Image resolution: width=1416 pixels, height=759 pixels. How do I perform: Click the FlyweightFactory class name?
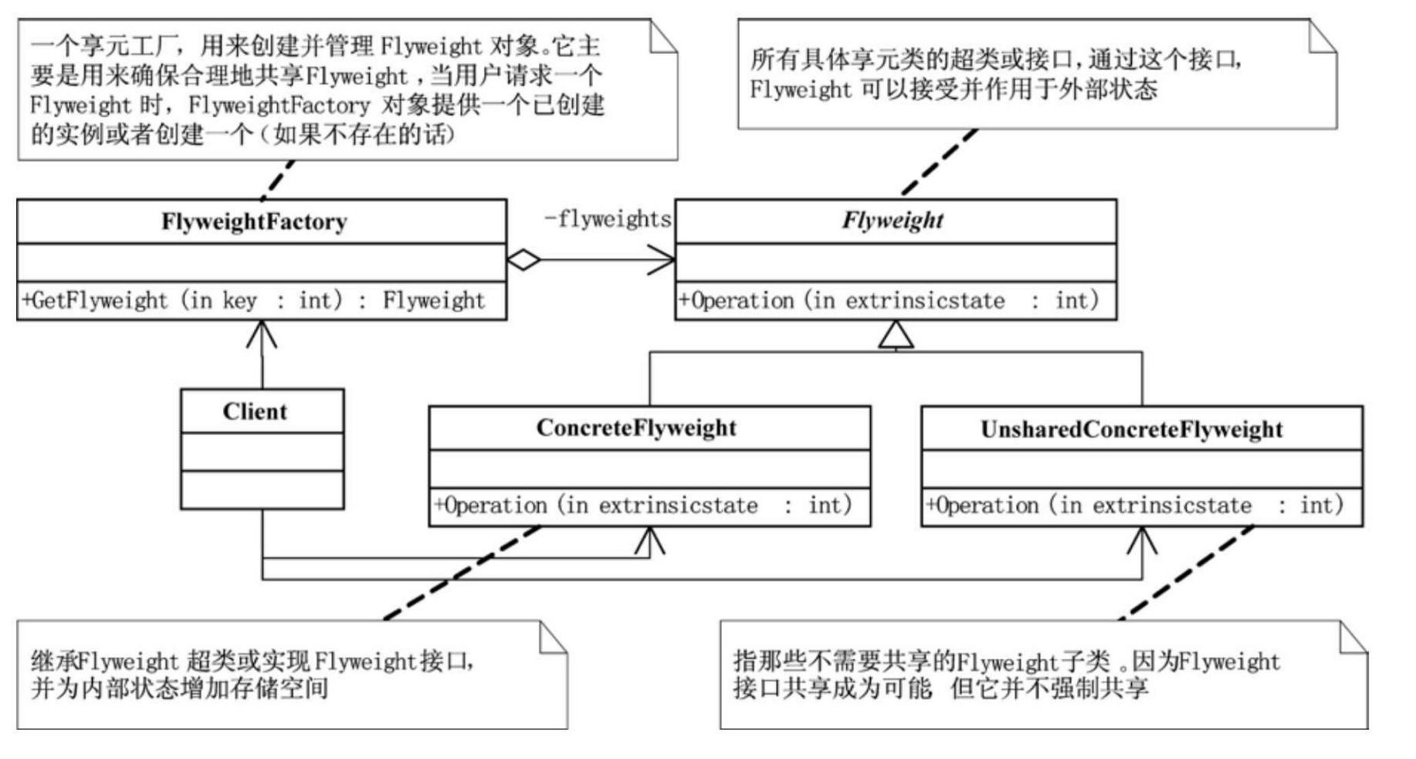(254, 222)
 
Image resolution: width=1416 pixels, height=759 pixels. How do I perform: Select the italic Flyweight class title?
(892, 220)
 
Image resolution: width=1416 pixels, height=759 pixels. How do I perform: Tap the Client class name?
(255, 411)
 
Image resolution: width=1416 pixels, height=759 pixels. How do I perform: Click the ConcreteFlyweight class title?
(636, 428)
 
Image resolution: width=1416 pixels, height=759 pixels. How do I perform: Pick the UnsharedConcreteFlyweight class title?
(1131, 430)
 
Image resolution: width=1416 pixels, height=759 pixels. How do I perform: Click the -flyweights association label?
(607, 219)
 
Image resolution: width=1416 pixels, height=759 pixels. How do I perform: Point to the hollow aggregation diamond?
(524, 260)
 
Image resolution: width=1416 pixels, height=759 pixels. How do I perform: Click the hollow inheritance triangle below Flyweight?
(896, 335)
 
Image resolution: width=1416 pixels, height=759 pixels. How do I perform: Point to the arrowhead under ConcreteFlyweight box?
(649, 540)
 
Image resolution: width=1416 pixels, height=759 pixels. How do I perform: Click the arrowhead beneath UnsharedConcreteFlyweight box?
(1142, 540)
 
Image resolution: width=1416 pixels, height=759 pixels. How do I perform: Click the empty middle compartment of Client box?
(262, 452)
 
